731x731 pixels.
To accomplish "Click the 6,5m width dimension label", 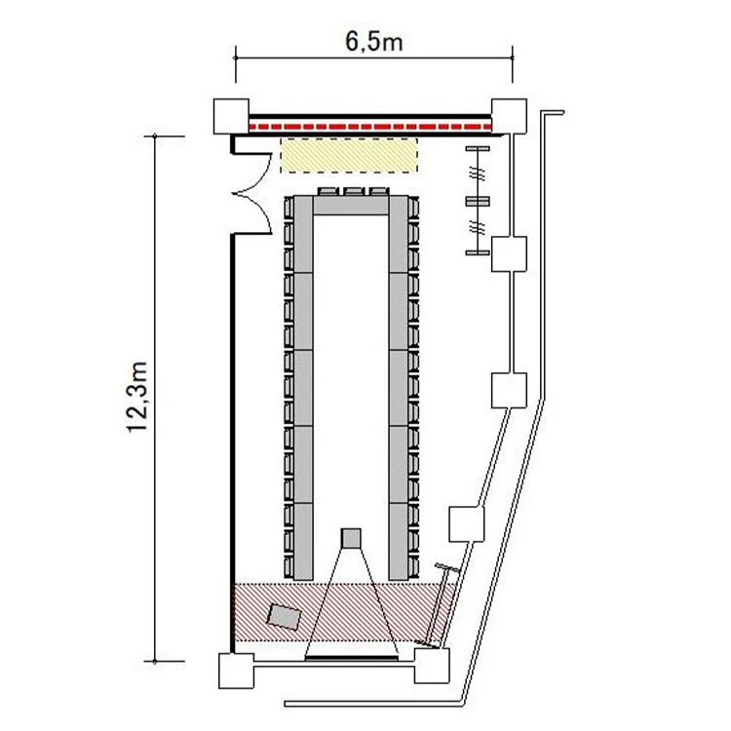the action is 374,43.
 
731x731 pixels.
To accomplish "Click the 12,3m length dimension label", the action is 138,397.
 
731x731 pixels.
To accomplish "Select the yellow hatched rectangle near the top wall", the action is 348,155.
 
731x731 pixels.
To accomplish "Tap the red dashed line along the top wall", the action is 370,127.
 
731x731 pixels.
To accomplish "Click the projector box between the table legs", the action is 351,538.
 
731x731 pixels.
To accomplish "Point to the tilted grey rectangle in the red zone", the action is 284,617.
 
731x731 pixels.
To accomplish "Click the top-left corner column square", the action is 231,117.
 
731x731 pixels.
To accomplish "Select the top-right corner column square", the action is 509,117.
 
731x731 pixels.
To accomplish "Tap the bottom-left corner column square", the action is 237,671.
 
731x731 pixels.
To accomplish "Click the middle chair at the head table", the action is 354,192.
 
